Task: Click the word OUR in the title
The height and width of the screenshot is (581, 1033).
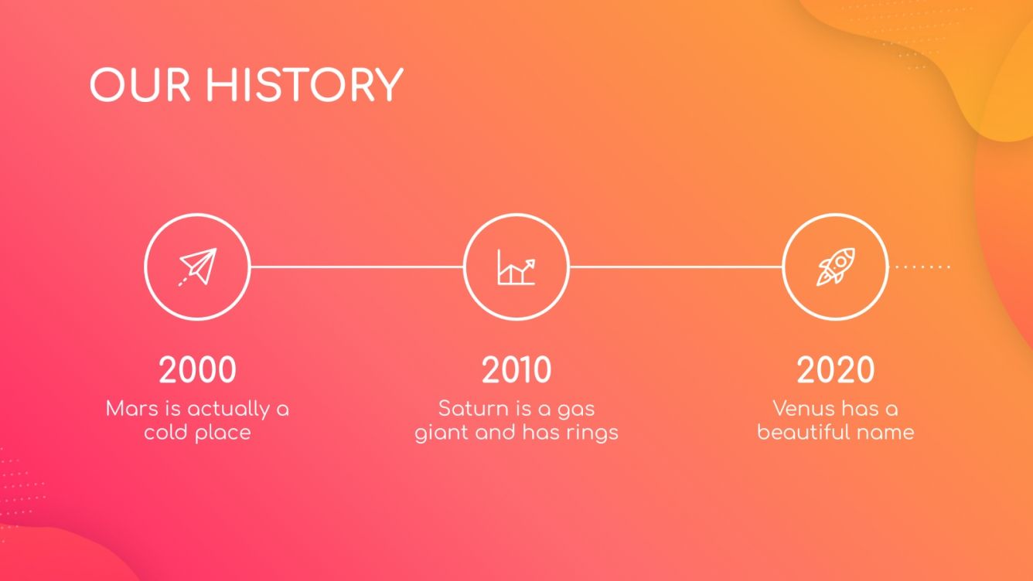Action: pos(140,85)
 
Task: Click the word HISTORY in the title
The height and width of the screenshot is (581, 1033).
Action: pos(304,85)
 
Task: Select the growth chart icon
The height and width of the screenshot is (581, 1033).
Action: pos(516,267)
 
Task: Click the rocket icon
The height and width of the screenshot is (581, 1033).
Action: pos(836,267)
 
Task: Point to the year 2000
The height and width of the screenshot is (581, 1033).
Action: pos(197,370)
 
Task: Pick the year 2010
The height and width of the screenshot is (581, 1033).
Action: pos(516,370)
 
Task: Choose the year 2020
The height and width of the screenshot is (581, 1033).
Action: pos(835,370)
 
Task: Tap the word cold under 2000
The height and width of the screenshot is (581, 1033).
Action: pos(165,432)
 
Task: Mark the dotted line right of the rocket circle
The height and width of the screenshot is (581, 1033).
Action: pos(922,267)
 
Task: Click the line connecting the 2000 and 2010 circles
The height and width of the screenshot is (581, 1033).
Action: pos(357,267)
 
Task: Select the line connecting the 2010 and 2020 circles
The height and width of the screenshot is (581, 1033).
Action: pos(676,267)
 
